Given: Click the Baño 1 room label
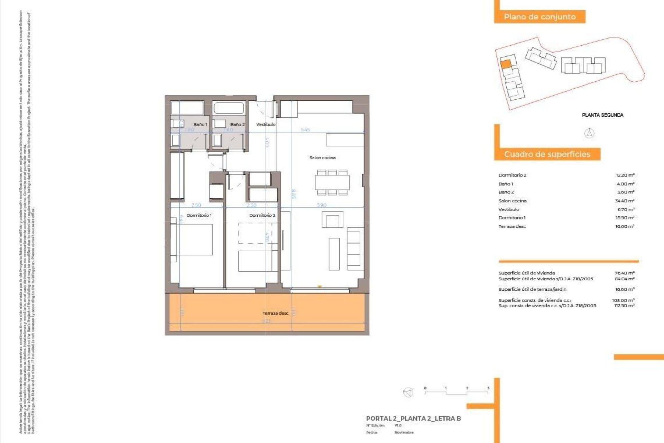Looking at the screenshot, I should [200, 124].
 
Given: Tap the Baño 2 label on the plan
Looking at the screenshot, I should [237, 124].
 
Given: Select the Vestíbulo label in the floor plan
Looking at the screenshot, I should [266, 124].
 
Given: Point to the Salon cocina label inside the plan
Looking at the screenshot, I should [322, 157].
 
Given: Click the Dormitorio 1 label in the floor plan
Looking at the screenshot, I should [199, 215].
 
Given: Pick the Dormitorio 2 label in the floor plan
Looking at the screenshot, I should [262, 215].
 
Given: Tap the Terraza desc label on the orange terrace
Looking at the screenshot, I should [275, 313].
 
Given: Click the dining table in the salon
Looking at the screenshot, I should [332, 182].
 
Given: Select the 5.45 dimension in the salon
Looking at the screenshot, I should [305, 130].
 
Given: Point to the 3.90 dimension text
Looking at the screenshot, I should [321, 205].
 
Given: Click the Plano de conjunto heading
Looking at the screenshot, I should [539, 17].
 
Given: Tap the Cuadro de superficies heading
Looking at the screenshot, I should [547, 154].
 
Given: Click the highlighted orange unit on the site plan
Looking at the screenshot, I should [506, 64].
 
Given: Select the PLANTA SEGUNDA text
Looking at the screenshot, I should [602, 115].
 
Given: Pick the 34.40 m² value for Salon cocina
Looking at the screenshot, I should [625, 201].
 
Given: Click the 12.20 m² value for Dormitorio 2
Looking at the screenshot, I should [625, 175].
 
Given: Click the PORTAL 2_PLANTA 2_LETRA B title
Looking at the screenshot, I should [413, 418].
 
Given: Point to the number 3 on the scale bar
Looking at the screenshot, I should [488, 388].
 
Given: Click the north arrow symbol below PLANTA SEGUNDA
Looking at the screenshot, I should [589, 133].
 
